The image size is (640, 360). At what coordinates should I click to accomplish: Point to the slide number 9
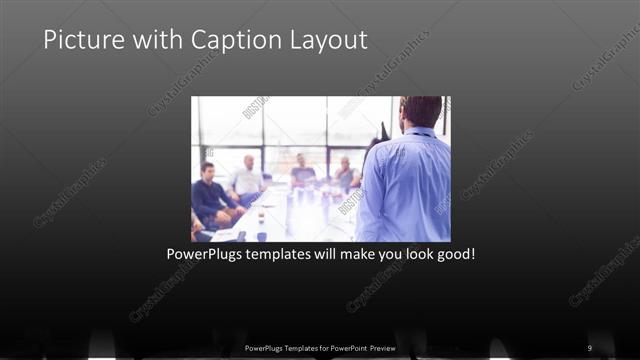point(589,347)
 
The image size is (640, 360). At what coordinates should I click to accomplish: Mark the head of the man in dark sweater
point(208,171)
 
